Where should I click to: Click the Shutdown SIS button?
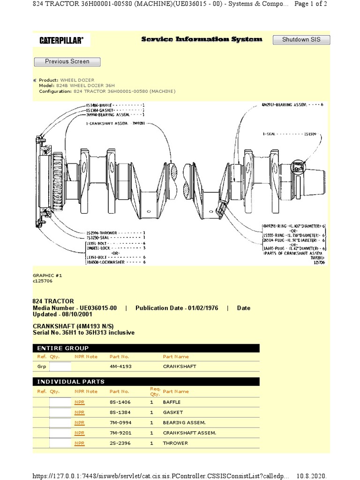pos(301,40)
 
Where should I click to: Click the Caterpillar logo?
pos(61,41)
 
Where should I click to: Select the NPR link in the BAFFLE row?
pos(79,402)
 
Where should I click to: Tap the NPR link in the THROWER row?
pos(79,443)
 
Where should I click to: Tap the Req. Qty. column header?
pos(155,391)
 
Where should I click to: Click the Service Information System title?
pos(202,40)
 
